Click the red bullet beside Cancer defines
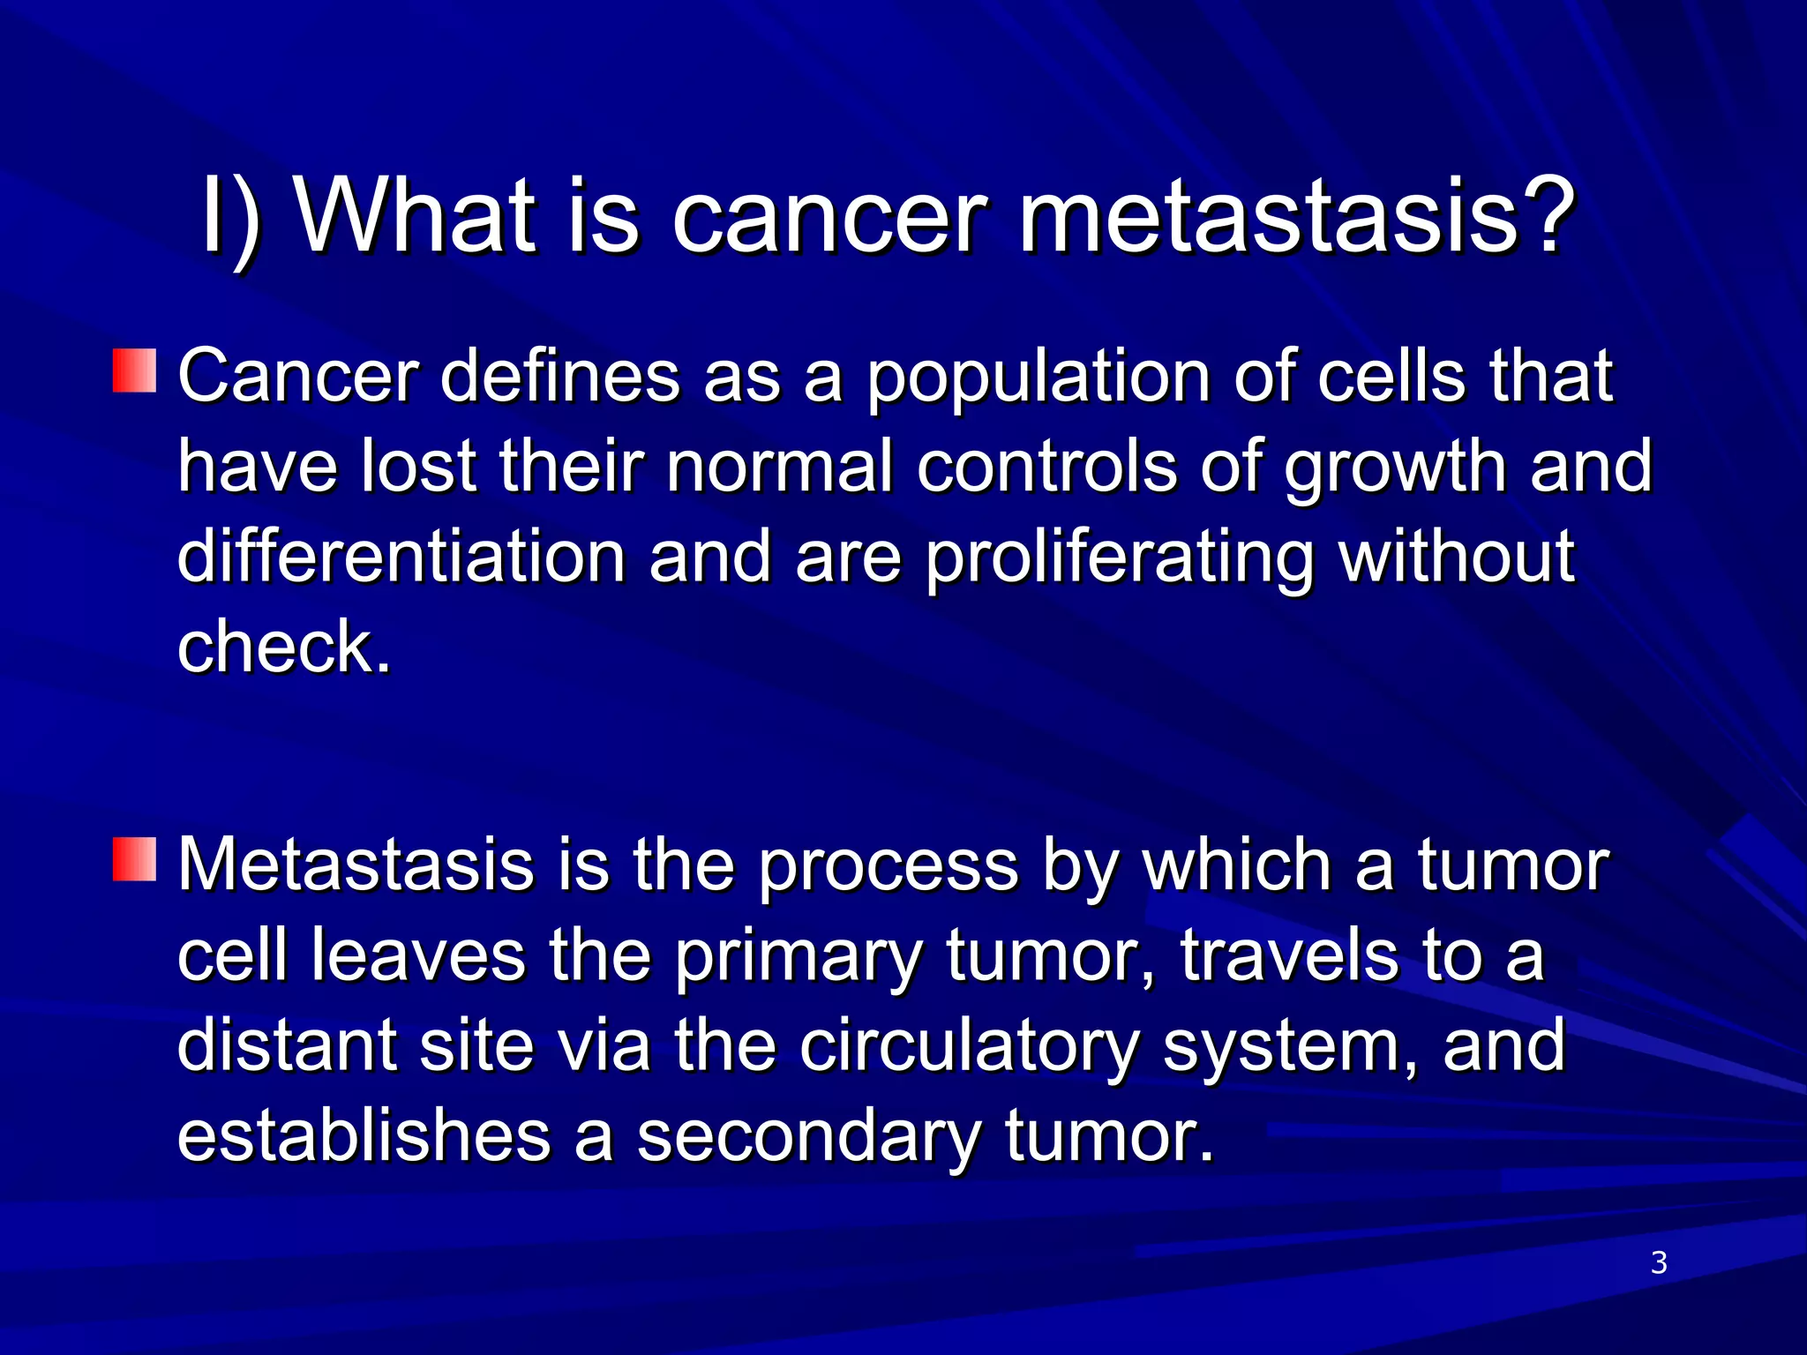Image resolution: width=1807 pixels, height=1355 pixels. [x=134, y=371]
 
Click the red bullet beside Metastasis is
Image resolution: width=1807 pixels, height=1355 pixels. [x=134, y=859]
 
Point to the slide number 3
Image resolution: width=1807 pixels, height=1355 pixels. [x=1659, y=1263]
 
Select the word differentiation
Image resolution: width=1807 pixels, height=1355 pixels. [x=401, y=558]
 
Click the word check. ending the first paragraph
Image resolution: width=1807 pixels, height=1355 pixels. [x=283, y=648]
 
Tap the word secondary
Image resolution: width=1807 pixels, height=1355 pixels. [x=807, y=1136]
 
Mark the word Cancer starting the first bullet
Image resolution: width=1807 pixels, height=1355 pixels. [x=297, y=378]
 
